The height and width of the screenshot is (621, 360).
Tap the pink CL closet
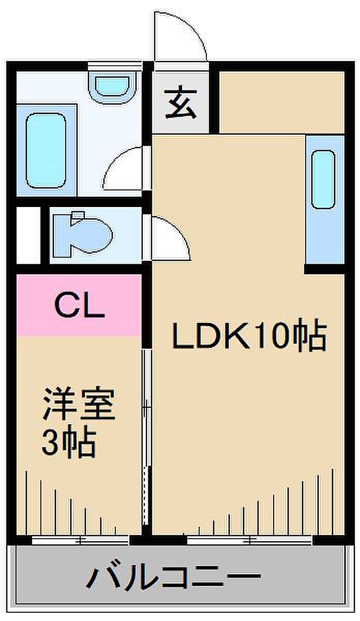coord(79,306)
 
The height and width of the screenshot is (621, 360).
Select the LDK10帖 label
coord(249,337)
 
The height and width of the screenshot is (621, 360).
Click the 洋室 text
coord(78,405)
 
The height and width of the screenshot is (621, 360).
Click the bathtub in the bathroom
coord(46,151)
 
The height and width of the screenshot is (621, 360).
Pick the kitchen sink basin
coord(324,179)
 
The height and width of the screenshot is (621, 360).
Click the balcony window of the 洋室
coord(80,541)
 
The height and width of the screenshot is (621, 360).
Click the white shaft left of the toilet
coord(28,235)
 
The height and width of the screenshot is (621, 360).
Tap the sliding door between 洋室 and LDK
coord(147,435)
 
